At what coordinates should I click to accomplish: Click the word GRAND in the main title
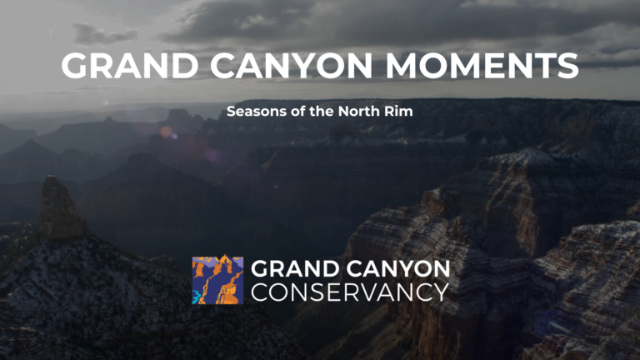point(116,66)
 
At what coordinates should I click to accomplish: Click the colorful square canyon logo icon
point(217,280)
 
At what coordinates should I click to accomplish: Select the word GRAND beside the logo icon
point(291,269)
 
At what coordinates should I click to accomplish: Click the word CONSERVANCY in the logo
point(350,292)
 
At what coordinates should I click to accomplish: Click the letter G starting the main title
point(75,66)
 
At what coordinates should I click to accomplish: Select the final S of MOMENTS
point(567,66)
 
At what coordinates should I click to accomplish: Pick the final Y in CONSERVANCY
point(440,292)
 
